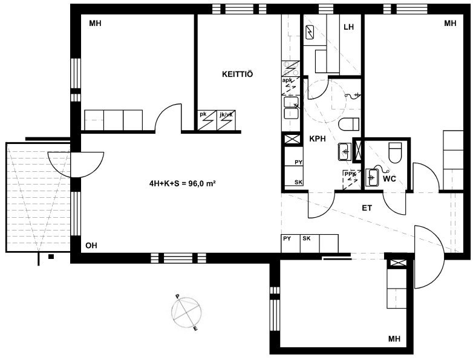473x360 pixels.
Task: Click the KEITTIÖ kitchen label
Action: (x=237, y=74)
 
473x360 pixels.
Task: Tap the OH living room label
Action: (x=91, y=246)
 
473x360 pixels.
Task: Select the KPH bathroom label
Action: (x=318, y=139)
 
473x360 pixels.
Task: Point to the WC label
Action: (x=389, y=179)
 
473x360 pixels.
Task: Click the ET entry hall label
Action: (x=367, y=208)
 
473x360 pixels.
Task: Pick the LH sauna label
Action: (x=349, y=27)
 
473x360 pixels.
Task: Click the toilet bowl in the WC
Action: (x=395, y=152)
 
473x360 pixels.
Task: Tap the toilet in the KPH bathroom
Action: (x=349, y=124)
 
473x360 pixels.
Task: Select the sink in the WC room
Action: (x=372, y=177)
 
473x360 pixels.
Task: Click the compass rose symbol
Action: (x=186, y=312)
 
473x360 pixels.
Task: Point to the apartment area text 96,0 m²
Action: (x=202, y=183)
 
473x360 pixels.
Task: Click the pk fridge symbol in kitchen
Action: (x=207, y=120)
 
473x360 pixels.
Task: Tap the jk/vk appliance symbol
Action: (x=226, y=120)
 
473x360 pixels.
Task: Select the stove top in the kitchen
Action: (x=291, y=68)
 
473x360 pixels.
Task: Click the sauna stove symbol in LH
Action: (x=310, y=32)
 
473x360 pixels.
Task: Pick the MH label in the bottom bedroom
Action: (x=394, y=339)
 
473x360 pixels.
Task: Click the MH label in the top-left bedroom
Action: (x=95, y=23)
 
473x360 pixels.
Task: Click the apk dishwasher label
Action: (x=287, y=80)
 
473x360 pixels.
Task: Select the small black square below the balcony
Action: (x=51, y=257)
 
